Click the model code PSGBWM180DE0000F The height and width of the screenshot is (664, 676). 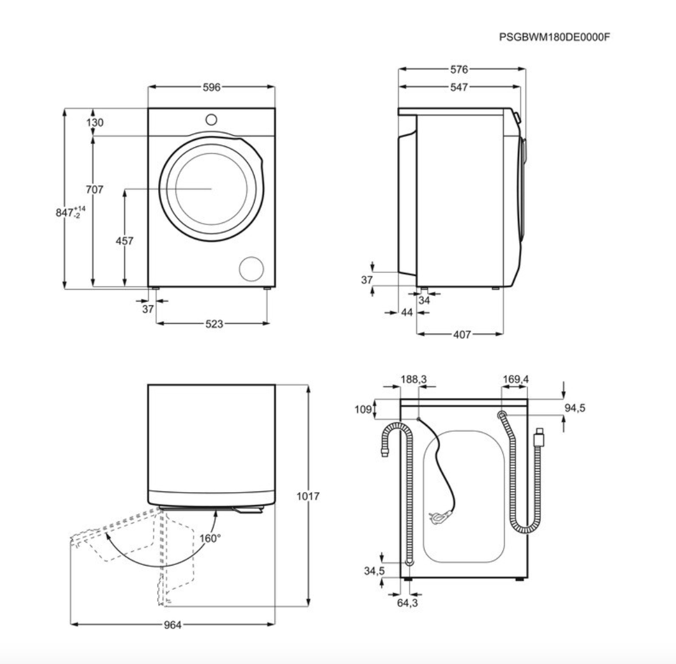(555, 37)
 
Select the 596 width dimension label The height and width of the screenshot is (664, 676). (211, 87)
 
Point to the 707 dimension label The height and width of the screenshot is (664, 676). (95, 189)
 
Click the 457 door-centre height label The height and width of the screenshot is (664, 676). (124, 241)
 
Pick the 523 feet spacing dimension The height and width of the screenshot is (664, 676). (214, 323)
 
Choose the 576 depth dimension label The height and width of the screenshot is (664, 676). (459, 69)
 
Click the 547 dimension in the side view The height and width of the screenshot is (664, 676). (459, 87)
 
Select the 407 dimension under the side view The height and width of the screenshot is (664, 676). (462, 334)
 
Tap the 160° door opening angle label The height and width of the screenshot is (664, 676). (210, 538)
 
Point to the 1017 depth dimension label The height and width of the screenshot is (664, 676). (308, 496)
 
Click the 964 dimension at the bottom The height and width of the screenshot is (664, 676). (172, 625)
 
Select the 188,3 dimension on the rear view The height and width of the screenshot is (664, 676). (413, 379)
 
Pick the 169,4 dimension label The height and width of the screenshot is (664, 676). (515, 379)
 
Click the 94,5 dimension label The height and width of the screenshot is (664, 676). (575, 408)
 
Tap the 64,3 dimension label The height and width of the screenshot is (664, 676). (408, 603)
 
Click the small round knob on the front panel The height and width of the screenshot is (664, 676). (211, 119)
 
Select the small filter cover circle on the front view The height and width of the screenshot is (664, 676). (251, 269)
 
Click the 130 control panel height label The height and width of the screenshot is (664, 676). (95, 123)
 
